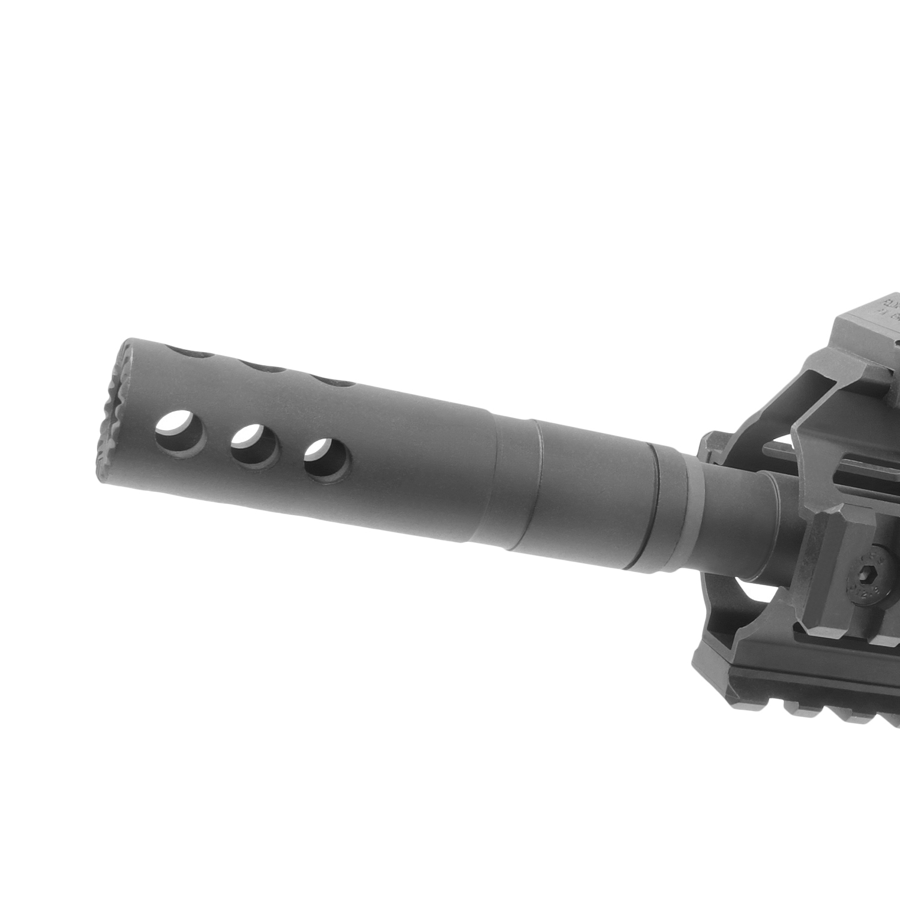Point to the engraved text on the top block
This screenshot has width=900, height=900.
(x=888, y=306)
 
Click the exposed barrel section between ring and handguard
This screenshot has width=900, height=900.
(x=729, y=510)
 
